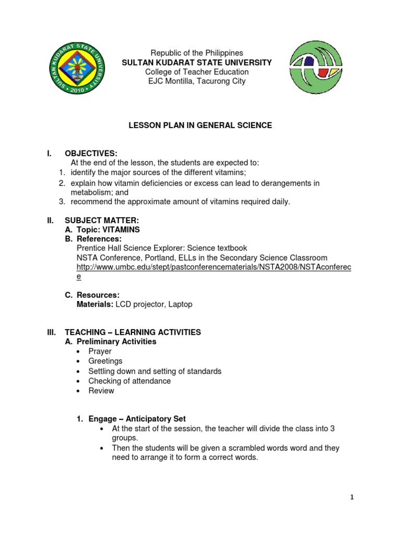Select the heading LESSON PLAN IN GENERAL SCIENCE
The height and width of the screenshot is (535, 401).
pos(200,125)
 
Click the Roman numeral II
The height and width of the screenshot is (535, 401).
pos(50,220)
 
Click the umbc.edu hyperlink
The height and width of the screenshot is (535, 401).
pos(214,267)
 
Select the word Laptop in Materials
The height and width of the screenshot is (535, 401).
pos(180,304)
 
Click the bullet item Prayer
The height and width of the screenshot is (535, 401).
pos(100,352)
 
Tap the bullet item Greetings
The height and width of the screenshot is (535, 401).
pos(105,361)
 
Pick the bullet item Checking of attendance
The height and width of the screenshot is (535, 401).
pos(129,381)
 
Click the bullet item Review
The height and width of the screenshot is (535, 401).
pos(101,390)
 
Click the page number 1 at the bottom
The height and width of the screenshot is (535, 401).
pos(352,497)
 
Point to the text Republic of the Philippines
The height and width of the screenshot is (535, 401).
pos(197,53)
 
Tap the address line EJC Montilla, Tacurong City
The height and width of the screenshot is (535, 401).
pos(196,81)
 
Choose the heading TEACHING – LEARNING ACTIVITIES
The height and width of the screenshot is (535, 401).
pos(133,332)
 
